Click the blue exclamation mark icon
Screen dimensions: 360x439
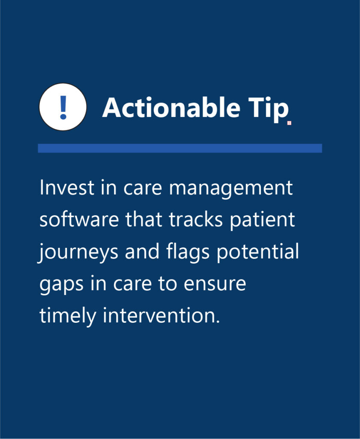point(63,107)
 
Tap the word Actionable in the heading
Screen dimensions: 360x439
point(171,108)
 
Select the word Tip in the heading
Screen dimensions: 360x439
point(268,109)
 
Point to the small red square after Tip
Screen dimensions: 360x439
point(289,123)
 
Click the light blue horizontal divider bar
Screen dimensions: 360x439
point(180,148)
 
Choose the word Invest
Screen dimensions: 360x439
point(67,187)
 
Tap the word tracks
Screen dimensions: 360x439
point(196,219)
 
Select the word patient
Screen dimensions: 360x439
point(263,220)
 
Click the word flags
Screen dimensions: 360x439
point(188,252)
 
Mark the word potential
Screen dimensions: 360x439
point(258,251)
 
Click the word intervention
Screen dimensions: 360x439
point(162,315)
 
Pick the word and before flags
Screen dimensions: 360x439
point(142,251)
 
